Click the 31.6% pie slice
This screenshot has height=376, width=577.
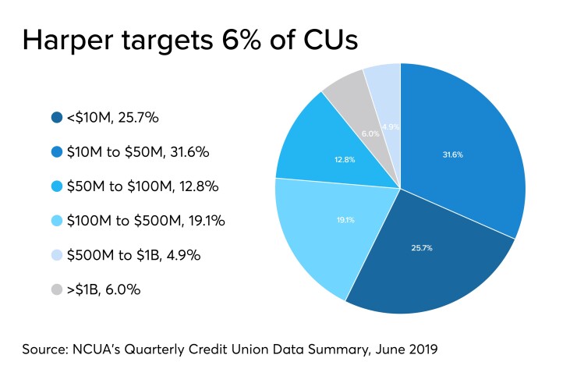click(x=460, y=148)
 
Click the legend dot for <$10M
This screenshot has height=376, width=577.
click(x=56, y=118)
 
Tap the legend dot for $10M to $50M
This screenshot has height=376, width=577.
click(x=56, y=152)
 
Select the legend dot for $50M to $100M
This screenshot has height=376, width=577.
click(x=56, y=186)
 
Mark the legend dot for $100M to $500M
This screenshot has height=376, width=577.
click(x=56, y=221)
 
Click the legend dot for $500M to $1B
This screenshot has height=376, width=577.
click(x=56, y=255)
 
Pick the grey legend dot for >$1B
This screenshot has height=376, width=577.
click(x=56, y=289)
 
